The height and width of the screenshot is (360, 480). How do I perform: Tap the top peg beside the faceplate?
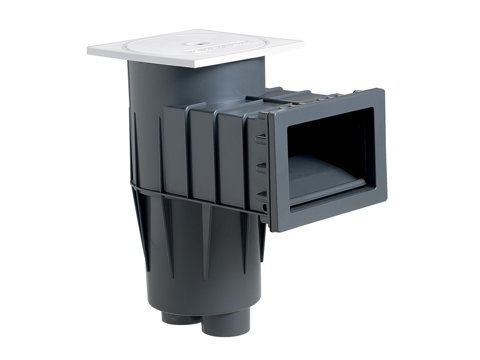pos(260,140)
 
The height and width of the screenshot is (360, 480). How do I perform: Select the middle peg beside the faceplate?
pos(260,168)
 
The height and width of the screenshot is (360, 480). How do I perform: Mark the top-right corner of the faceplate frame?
pos(383,90)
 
